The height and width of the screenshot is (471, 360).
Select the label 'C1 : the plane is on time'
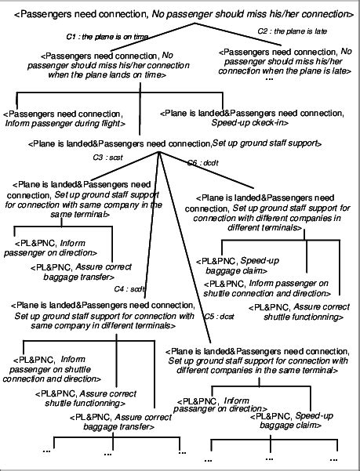click(x=99, y=37)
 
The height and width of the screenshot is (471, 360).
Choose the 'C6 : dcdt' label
click(x=202, y=162)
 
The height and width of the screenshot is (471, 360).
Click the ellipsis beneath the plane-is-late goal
click(x=270, y=80)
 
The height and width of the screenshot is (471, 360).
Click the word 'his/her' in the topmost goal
click(x=270, y=13)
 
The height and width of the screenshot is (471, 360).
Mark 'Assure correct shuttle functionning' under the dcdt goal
click(x=300, y=311)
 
